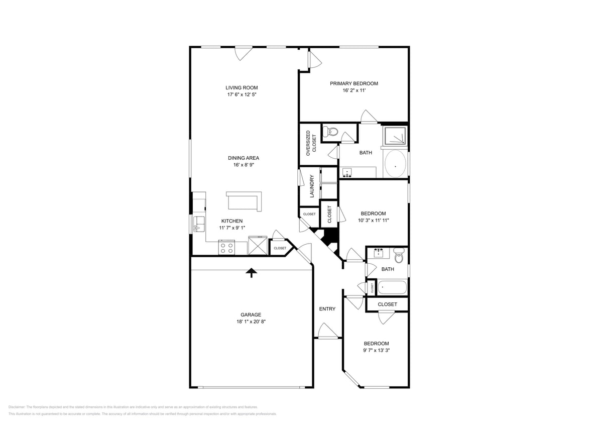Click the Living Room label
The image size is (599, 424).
pyautogui.click(x=242, y=87)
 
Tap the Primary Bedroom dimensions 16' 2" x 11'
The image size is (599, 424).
pyautogui.click(x=353, y=90)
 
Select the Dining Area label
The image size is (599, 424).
pyautogui.click(x=244, y=158)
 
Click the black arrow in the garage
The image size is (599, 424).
pyautogui.click(x=251, y=272)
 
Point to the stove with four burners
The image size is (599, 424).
pyautogui.click(x=226, y=248)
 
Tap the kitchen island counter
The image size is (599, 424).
pyautogui.click(x=245, y=201)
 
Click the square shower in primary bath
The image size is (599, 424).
pyautogui.click(x=395, y=136)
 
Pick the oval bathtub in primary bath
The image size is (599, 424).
pyautogui.click(x=396, y=164)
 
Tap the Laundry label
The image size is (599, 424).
pyautogui.click(x=312, y=186)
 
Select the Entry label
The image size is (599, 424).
pyautogui.click(x=327, y=309)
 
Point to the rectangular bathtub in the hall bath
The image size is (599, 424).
pyautogui.click(x=392, y=288)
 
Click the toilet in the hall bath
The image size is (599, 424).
pyautogui.click(x=399, y=256)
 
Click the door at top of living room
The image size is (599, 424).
pyautogui.click(x=244, y=52)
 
